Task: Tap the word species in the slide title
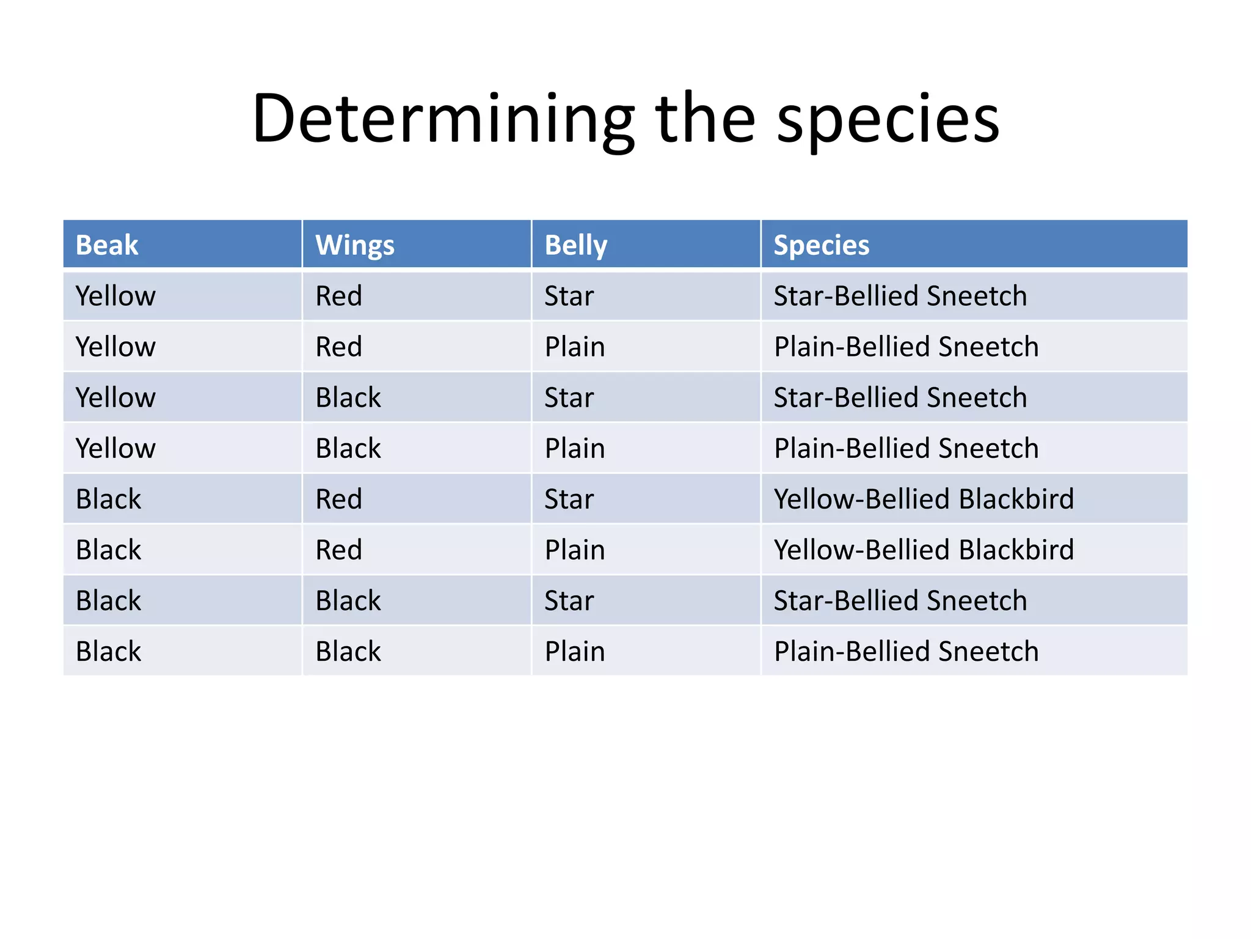pos(888,119)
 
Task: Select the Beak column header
pos(107,245)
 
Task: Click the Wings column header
pos(355,245)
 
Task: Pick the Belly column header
pos(575,245)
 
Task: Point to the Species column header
pos(821,245)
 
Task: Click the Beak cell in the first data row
pos(115,296)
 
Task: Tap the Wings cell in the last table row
pos(348,652)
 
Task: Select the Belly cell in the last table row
pos(575,652)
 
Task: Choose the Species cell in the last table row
pos(906,652)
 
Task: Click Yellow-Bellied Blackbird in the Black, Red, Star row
pos(924,499)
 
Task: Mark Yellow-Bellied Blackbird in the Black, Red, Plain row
pos(924,550)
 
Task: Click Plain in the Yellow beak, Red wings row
pos(575,347)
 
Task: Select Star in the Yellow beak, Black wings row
pos(569,398)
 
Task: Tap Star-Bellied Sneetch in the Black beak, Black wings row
pos(900,601)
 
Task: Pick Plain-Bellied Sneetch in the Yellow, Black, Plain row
pos(906,449)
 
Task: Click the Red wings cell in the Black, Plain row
pos(338,550)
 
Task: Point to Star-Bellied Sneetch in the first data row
pos(900,296)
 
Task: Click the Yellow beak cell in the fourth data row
pos(115,449)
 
